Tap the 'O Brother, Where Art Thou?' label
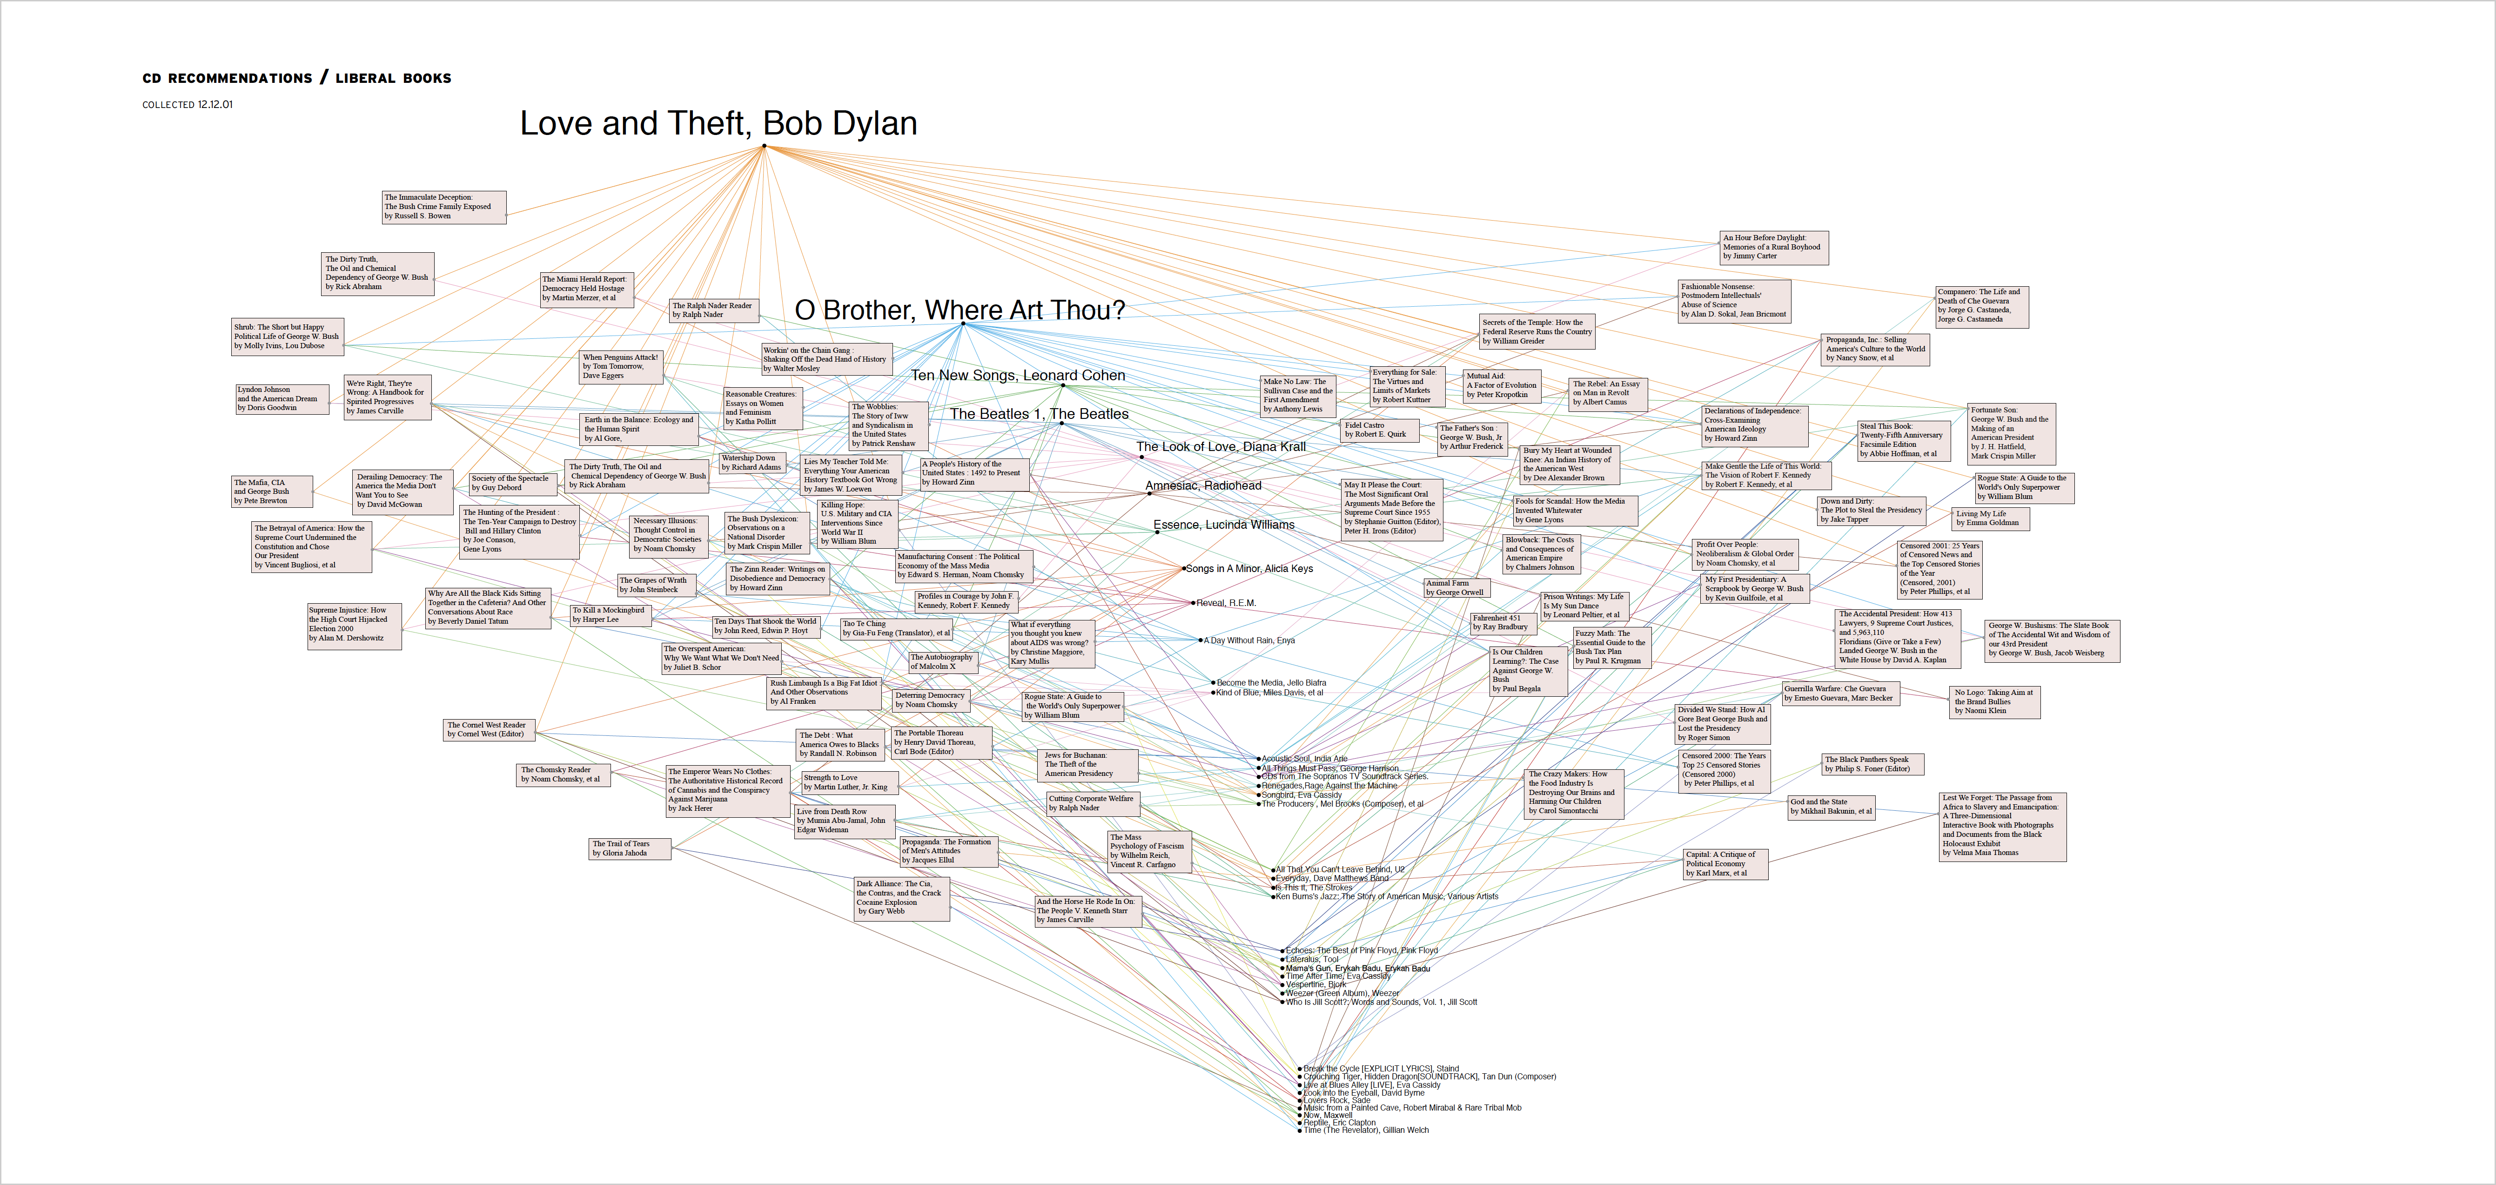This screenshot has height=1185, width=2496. pyautogui.click(x=959, y=310)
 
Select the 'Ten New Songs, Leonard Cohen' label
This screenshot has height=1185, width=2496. pyautogui.click(x=1017, y=375)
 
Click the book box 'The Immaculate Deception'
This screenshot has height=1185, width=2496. pyautogui.click(x=444, y=206)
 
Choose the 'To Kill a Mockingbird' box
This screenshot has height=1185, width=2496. pyautogui.click(x=610, y=614)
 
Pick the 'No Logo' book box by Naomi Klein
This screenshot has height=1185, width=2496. pyautogui.click(x=1995, y=701)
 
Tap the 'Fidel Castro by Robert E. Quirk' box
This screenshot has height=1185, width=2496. pyautogui.click(x=1380, y=429)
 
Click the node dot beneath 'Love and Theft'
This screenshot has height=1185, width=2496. pyautogui.click(x=765, y=146)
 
